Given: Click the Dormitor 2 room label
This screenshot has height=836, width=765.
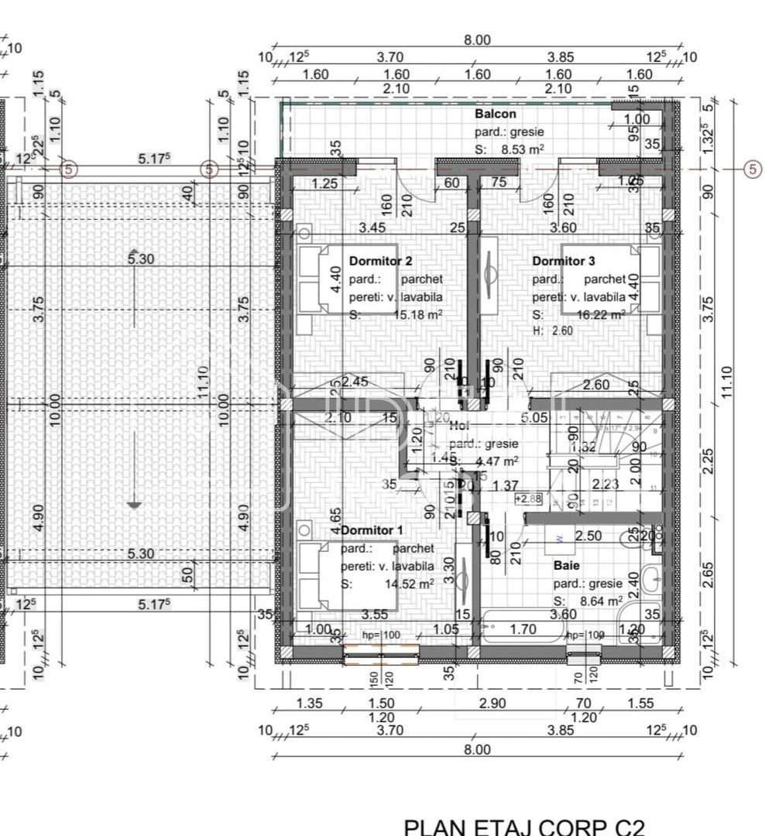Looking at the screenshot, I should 380,261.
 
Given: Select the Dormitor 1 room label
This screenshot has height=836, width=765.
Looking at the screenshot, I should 372,530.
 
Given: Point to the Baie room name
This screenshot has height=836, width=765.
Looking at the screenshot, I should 566,566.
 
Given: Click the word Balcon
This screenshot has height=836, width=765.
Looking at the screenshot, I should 495,115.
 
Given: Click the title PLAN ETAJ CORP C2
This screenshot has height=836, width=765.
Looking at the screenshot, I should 524,827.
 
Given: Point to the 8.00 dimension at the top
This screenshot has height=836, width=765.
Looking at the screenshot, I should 477,40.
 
